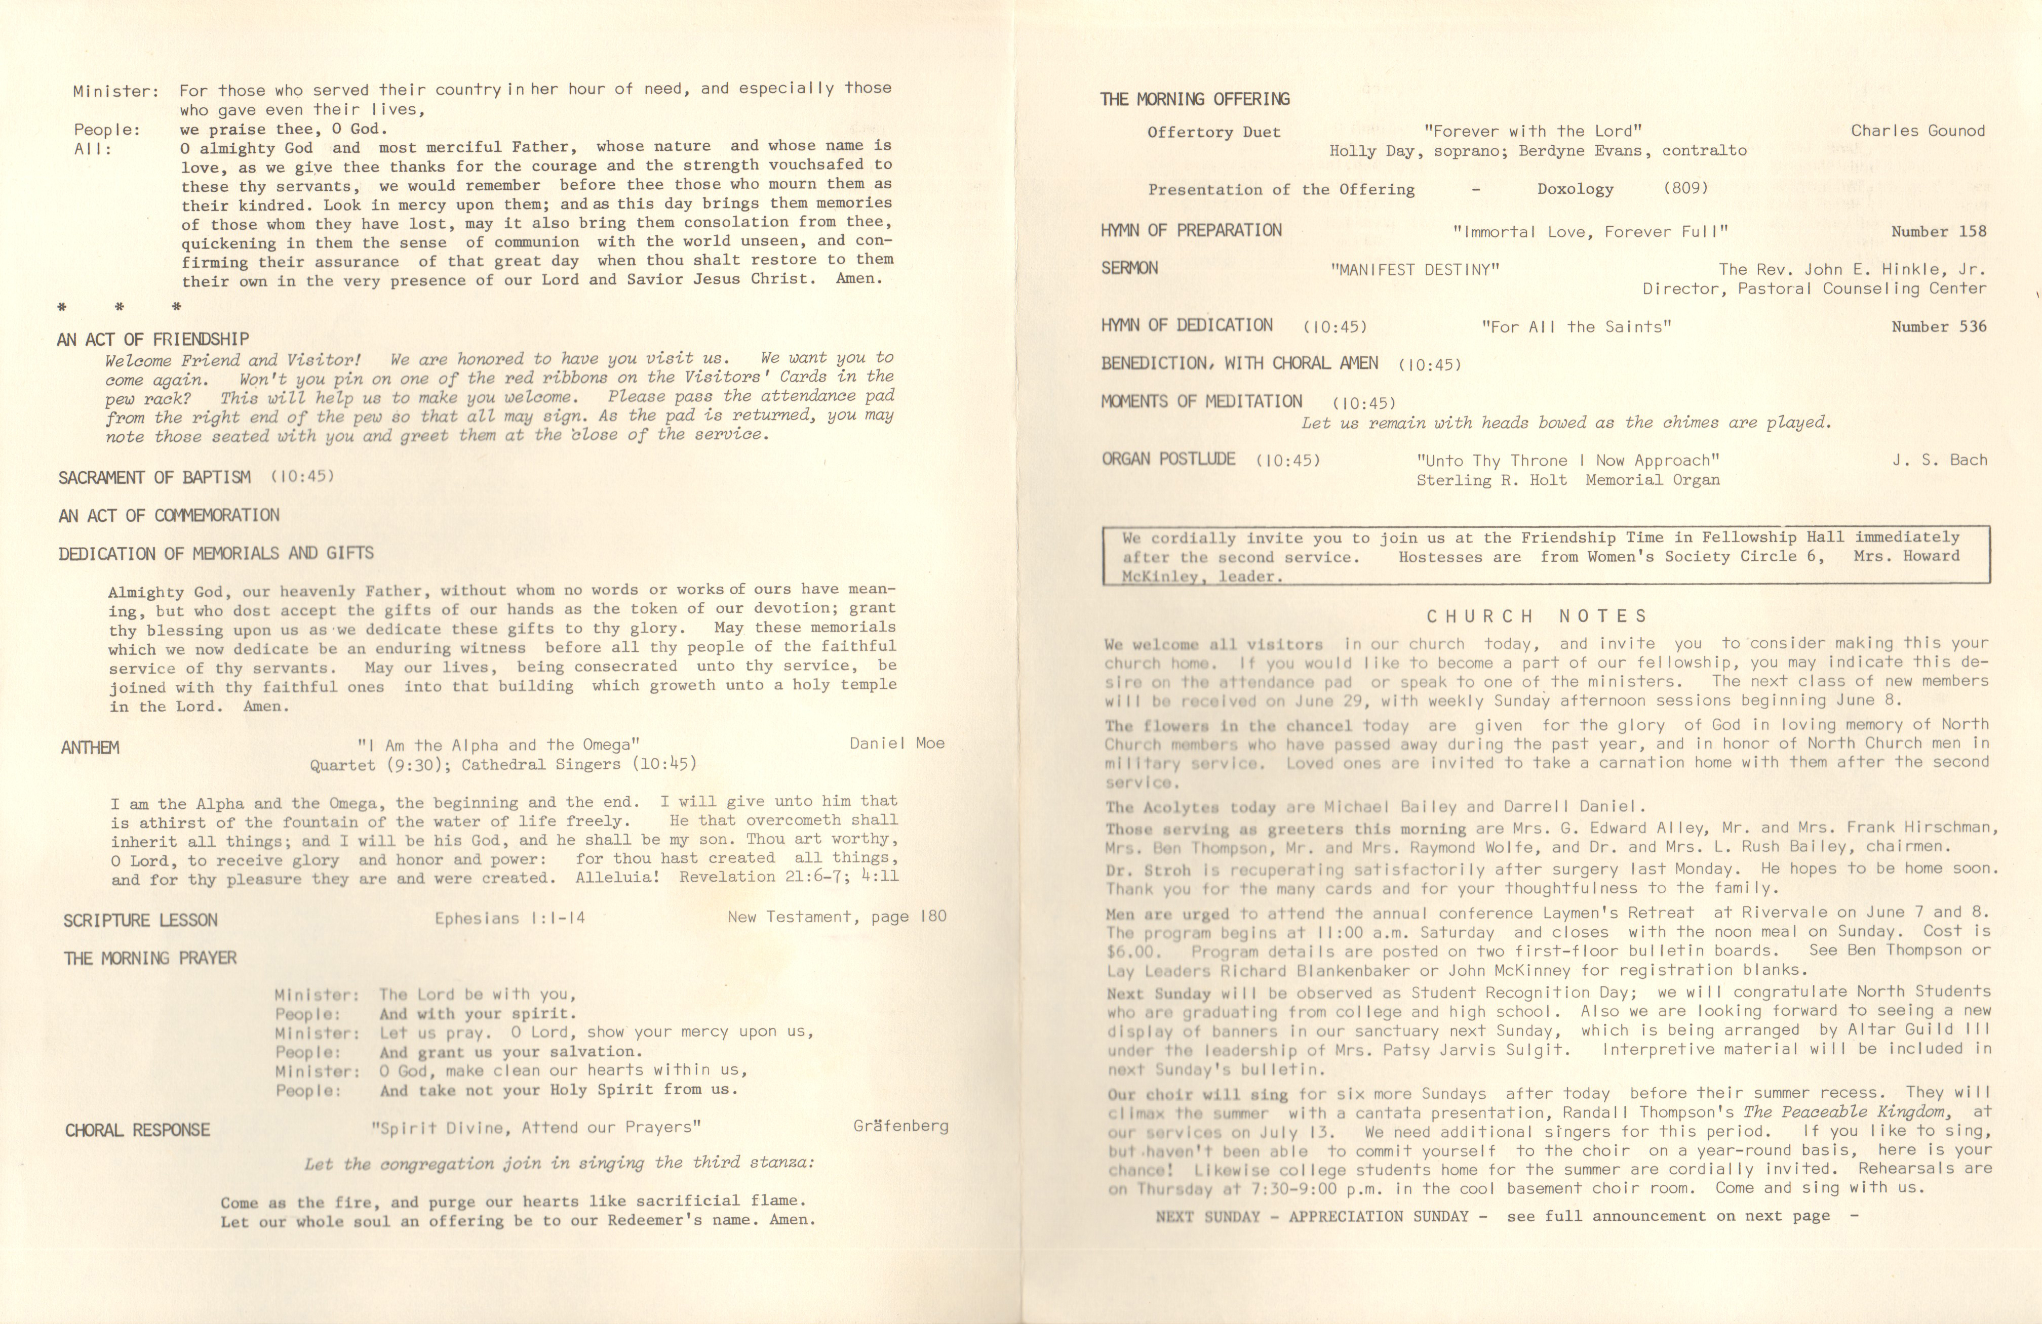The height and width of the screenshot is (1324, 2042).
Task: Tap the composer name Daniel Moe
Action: pos(896,743)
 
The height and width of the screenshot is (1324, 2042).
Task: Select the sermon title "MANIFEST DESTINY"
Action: pos(1415,269)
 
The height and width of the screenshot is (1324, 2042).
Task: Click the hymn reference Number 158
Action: pos(1938,231)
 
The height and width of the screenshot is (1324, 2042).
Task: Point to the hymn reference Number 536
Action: pos(1938,327)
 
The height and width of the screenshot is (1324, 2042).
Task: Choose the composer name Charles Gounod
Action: pos(1917,131)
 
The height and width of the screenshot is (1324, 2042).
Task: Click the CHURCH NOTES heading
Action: pos(1537,616)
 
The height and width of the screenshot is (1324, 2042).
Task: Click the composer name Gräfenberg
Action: pos(901,1126)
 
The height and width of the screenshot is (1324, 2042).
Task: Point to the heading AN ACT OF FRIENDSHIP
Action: pos(153,340)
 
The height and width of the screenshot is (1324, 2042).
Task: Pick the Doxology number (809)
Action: pos(1685,188)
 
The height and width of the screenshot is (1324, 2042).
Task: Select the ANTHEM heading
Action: pos(90,748)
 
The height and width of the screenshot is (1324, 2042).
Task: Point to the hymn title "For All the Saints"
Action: pos(1576,327)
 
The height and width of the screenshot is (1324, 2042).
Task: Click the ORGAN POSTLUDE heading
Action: pos(1168,460)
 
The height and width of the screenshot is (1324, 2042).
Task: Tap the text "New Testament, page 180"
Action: pos(837,917)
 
